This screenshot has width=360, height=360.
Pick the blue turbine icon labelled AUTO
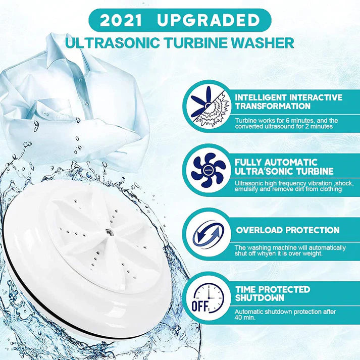coord(208,171)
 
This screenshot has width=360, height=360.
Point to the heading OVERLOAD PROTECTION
coord(288,230)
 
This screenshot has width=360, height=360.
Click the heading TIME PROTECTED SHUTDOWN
coord(273,294)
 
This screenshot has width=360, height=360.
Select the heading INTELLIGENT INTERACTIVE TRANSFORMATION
coord(288,102)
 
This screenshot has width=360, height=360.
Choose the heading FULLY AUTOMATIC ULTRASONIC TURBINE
coord(276,167)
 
